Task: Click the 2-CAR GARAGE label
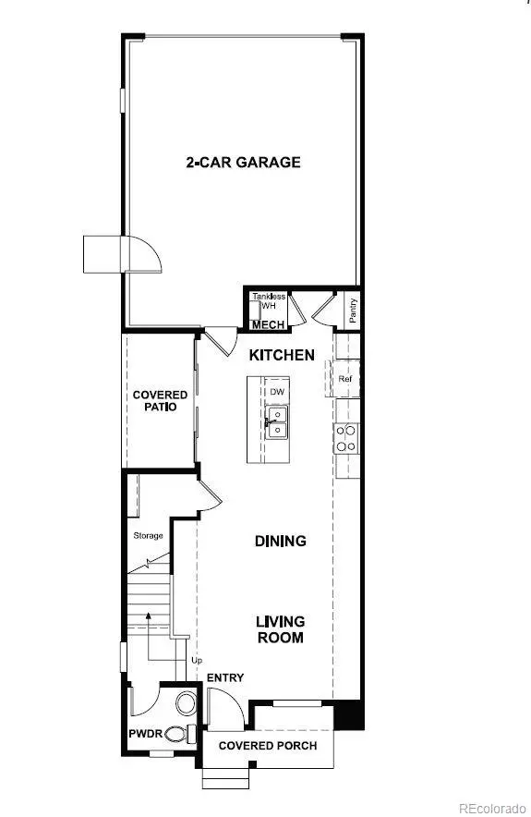tap(243, 162)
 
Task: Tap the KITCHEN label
tap(282, 355)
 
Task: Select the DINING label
tap(281, 541)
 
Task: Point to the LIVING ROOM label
tap(281, 629)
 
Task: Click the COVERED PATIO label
tap(160, 401)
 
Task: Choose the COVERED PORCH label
tap(268, 746)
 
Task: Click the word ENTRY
tap(225, 677)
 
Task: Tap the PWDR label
tap(146, 734)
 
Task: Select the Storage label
tap(149, 536)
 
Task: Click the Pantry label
tap(353, 311)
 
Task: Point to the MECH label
tap(269, 325)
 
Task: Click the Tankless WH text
tap(269, 301)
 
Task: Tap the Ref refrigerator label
tap(345, 379)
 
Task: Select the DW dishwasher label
tap(277, 392)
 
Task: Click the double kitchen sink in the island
tap(276, 422)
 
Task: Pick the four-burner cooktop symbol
tap(346, 438)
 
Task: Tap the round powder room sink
tap(186, 703)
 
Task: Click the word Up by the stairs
tap(197, 661)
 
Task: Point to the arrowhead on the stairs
tap(149, 616)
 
